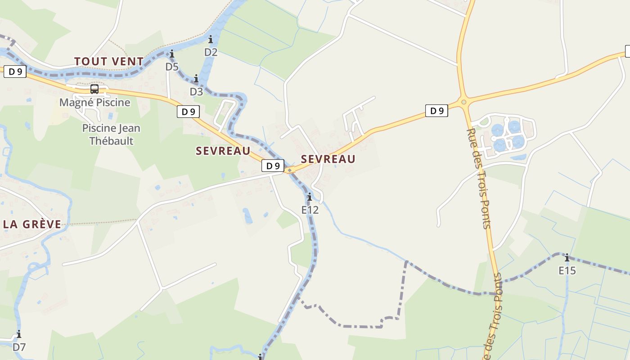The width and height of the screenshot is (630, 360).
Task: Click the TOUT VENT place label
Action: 109,61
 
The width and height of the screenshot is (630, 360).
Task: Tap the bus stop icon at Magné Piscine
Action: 94,89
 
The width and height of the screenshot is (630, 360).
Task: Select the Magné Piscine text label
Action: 95,103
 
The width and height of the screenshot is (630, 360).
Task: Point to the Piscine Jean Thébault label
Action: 111,135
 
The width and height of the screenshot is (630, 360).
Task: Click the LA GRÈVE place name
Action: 32,224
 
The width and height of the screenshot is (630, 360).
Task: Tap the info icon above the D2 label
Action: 211,40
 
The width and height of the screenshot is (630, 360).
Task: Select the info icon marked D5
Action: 172,54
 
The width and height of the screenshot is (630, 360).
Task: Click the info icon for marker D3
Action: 196,79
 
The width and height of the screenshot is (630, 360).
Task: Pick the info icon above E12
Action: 310,197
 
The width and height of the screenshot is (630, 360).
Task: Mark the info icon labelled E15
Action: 567,258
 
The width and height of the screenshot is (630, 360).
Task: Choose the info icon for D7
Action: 19,334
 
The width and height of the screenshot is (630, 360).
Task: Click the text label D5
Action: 172,67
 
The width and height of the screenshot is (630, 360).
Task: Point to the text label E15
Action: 567,270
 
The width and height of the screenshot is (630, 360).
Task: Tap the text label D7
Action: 19,347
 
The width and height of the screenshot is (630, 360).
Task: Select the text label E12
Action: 310,210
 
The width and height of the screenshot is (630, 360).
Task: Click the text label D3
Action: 196,92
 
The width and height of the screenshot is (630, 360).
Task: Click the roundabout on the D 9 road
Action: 464,102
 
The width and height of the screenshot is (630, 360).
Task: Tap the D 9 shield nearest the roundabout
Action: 436,111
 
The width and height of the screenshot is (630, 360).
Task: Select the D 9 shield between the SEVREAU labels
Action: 273,166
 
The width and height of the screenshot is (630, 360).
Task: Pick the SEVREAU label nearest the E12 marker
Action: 328,159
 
